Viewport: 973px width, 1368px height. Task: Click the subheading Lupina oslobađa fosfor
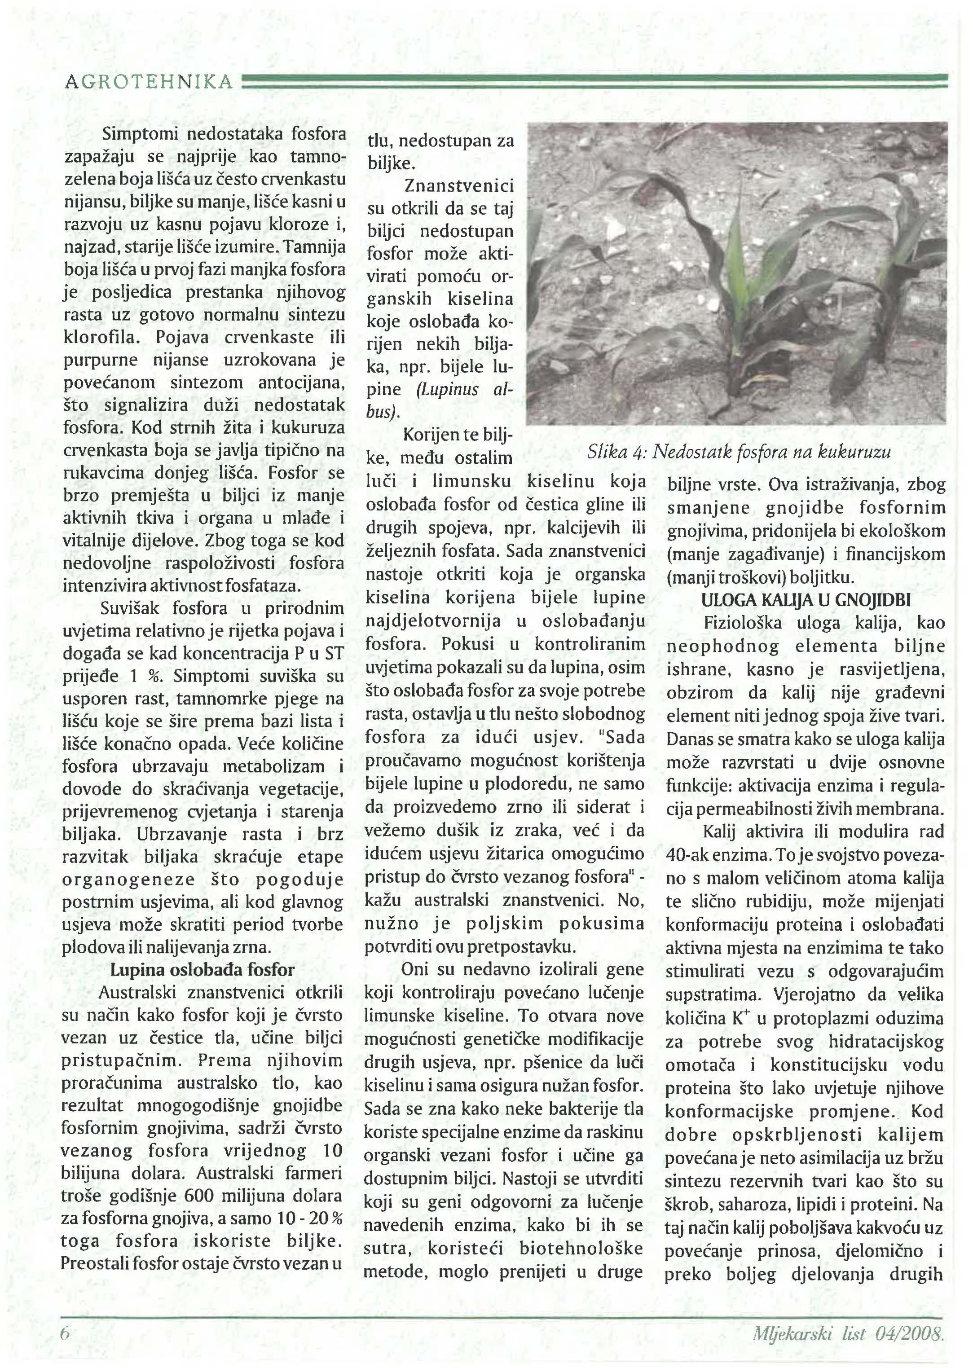[x=203, y=970]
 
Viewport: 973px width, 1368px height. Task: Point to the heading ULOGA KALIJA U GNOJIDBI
[x=806, y=599]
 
